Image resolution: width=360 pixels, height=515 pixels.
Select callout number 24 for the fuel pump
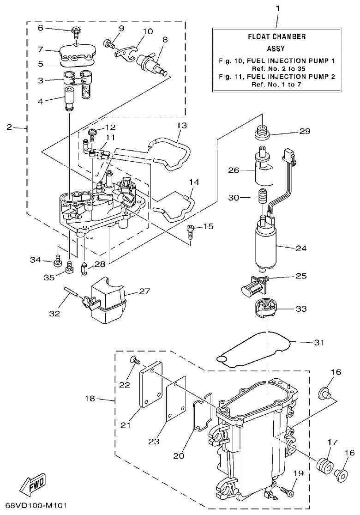[300, 248]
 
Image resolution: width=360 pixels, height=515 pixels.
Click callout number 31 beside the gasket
[318, 343]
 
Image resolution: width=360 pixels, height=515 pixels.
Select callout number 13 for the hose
[181, 126]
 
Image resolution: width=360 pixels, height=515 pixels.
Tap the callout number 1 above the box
[277, 8]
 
